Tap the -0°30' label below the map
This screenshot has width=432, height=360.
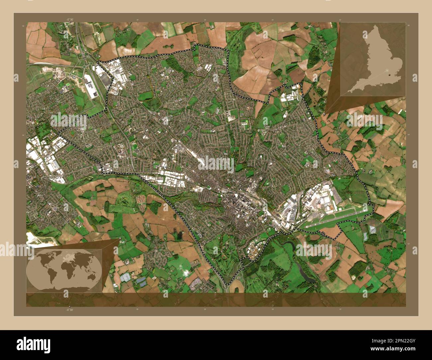pyautogui.click(x=69, y=309)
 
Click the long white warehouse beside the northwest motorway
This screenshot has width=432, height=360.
pyautogui.click(x=91, y=86)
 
